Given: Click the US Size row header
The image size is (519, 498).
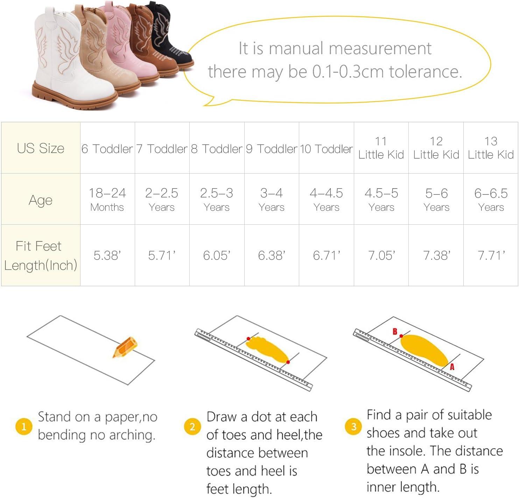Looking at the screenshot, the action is pyautogui.click(x=41, y=148).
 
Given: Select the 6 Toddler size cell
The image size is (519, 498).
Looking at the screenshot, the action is pyautogui.click(x=107, y=149).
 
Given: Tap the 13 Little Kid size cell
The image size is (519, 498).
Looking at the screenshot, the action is pyautogui.click(x=491, y=148).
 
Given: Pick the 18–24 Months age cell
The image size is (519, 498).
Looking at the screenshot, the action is pyautogui.click(x=107, y=199).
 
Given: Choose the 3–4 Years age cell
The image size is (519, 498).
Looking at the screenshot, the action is pyautogui.click(x=272, y=199).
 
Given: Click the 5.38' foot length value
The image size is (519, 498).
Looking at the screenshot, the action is pyautogui.click(x=107, y=255).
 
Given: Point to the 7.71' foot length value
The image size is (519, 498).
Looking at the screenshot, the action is pyautogui.click(x=491, y=255).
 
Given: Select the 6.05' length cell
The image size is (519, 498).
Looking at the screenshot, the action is pyautogui.click(x=217, y=255).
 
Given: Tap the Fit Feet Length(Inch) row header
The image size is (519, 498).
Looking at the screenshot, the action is pyautogui.click(x=41, y=255).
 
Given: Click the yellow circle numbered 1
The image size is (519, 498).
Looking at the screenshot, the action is pyautogui.click(x=24, y=426).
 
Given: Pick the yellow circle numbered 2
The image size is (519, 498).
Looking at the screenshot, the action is pyautogui.click(x=192, y=426).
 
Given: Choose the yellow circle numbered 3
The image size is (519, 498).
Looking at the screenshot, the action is pyautogui.click(x=353, y=426).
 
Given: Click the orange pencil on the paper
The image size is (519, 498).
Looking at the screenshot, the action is pyautogui.click(x=125, y=346).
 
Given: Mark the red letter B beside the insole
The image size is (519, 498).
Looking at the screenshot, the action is pyautogui.click(x=395, y=331).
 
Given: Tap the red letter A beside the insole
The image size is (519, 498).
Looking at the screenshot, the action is pyautogui.click(x=452, y=367).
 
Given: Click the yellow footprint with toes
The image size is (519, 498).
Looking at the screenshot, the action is pyautogui.click(x=267, y=349).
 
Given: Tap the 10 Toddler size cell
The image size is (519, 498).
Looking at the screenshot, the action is pyautogui.click(x=327, y=149).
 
